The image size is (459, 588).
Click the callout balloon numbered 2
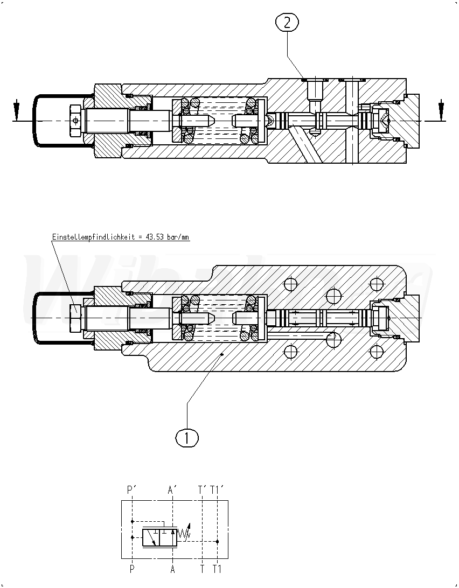[287, 23]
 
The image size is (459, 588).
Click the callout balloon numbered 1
[187, 437]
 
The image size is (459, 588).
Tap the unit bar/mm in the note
[179, 236]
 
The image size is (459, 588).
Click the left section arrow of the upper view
[17, 110]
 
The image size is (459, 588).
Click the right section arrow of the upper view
[441, 110]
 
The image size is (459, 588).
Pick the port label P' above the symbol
[131, 489]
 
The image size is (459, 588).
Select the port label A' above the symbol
[172, 489]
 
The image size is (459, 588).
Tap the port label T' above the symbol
[203, 489]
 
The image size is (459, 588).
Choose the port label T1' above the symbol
[217, 489]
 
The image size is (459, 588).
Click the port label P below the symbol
[131, 569]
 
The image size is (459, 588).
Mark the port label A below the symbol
[172, 569]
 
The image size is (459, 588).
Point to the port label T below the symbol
[202, 569]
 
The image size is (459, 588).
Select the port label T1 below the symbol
[217, 569]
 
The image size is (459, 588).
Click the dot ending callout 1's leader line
[223, 355]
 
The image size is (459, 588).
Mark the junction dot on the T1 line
[217, 541]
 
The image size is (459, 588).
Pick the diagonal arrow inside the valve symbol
[152, 540]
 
